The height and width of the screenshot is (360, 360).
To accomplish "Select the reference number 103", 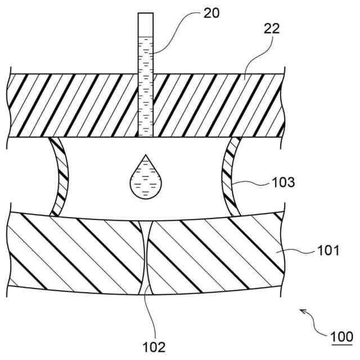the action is [x=282, y=183].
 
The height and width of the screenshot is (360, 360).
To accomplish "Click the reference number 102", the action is [x=153, y=345].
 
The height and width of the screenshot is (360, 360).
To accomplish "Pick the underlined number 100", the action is [x=341, y=337].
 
